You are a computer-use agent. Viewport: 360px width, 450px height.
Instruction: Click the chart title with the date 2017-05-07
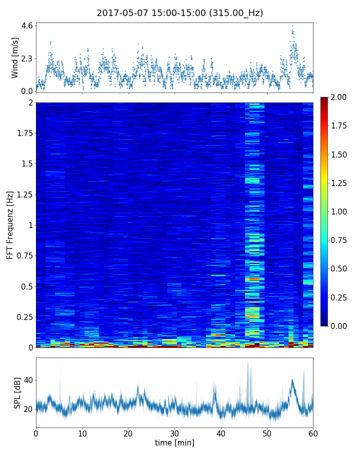coord(180,13)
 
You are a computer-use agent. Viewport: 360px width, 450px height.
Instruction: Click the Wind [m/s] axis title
coord(15,57)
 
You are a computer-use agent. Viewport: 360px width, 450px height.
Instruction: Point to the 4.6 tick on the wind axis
coord(27,25)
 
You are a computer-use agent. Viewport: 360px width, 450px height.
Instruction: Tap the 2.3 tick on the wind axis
coord(27,58)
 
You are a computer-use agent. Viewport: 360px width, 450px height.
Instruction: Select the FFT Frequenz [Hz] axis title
coord(10,224)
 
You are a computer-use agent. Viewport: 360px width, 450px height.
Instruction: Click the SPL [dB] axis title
coord(17,392)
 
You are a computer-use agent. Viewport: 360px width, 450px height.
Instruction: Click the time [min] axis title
coord(174,442)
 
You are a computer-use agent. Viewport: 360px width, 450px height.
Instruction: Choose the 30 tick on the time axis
coord(174,432)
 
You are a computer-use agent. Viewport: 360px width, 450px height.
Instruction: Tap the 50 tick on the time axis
coord(267,432)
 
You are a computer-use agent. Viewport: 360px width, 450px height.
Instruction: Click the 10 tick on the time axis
coord(82,432)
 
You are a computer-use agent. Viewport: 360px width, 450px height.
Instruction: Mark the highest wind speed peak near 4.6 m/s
coord(292,25)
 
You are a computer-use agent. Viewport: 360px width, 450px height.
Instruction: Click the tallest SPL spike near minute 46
coord(247,362)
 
